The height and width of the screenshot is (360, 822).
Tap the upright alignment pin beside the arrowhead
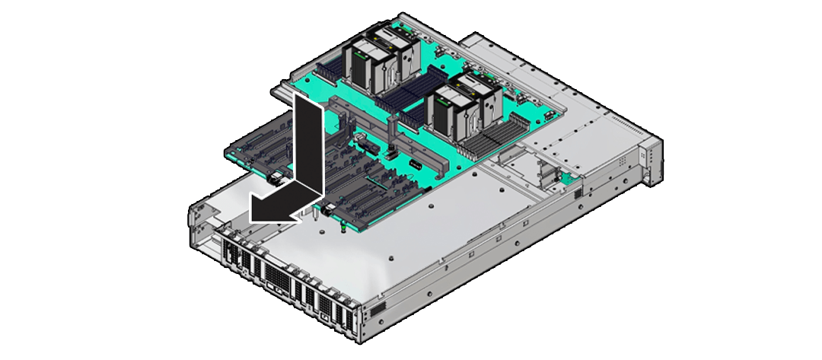click(314, 219)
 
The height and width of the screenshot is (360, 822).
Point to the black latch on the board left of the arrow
click(274, 181)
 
